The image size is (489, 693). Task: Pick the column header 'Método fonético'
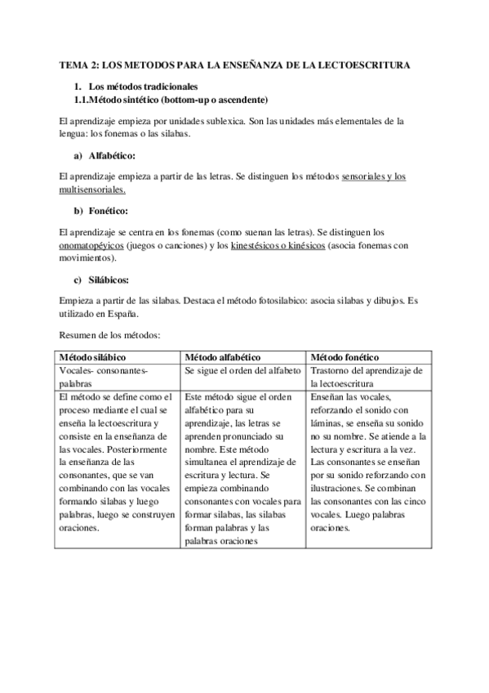pyautogui.click(x=345, y=358)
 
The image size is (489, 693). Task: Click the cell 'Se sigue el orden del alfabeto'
pyautogui.click(x=242, y=370)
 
